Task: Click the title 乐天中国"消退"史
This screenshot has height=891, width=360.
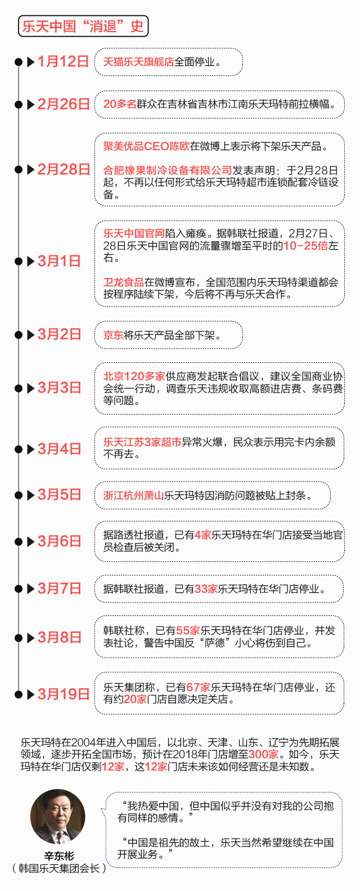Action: [83, 26]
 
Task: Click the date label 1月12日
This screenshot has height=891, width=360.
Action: [63, 61]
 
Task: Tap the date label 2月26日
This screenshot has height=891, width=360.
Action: [64, 104]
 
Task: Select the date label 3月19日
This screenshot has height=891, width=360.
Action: [64, 694]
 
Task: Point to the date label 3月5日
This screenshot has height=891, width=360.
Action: [60, 495]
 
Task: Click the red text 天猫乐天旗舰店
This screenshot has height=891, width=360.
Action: [138, 61]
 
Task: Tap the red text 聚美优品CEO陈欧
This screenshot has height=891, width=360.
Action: [146, 146]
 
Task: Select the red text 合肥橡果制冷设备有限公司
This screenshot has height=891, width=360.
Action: [168, 170]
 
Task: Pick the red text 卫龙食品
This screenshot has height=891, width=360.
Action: [123, 282]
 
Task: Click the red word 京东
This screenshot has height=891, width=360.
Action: [113, 335]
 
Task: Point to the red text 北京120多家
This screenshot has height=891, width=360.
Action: [134, 376]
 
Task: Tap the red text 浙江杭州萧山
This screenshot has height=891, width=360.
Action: [133, 496]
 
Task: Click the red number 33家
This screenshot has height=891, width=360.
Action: [206, 589]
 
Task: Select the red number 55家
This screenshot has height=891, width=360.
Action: [188, 631]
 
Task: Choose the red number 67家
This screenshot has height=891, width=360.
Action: [198, 687]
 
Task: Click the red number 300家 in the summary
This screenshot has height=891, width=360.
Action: [263, 754]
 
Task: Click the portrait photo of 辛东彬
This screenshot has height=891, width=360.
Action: [58, 817]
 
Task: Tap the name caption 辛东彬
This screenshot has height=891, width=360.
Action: [58, 856]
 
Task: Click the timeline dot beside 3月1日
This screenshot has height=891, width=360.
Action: [19, 261]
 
